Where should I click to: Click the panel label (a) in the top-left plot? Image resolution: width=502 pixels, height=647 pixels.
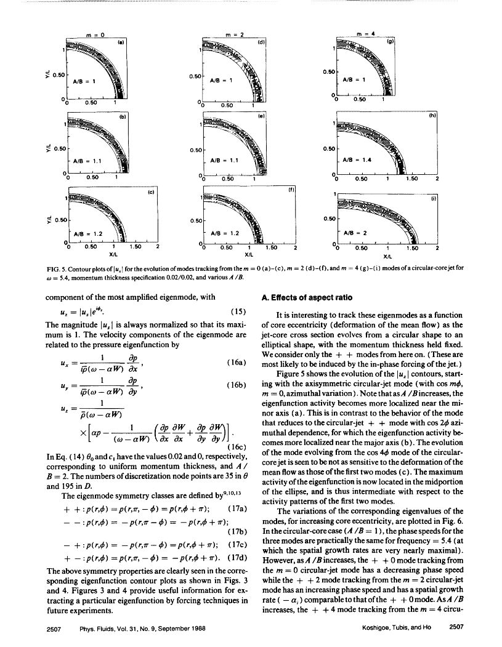[x=121, y=42]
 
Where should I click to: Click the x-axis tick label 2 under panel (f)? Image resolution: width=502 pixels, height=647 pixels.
[x=294, y=247]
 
